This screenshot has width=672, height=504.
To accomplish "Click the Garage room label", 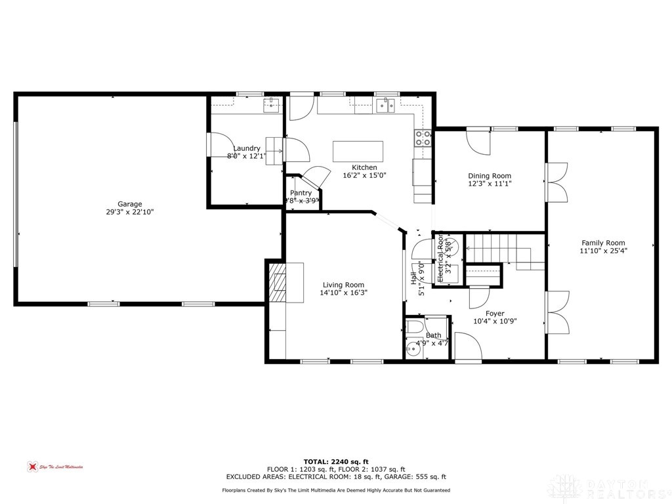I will coord(129,204).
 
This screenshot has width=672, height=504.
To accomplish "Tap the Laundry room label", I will coord(247,148).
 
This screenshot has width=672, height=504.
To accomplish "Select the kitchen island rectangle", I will coord(358,151).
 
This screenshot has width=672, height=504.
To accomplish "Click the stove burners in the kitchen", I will coord(423,138).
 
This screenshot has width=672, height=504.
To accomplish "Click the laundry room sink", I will coord(272,104).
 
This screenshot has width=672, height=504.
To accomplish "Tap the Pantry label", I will coord(301,193).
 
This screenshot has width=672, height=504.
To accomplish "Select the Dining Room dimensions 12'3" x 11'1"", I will coord(490,184).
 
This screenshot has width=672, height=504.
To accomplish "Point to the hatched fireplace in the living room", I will coord(278,282).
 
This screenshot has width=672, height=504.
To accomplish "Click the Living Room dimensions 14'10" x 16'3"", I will coord(344,293).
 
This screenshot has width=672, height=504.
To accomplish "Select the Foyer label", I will coord(495,314).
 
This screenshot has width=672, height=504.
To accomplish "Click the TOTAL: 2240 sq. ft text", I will coord(335,461).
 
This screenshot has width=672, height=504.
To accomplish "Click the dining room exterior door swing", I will coord(478,140).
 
